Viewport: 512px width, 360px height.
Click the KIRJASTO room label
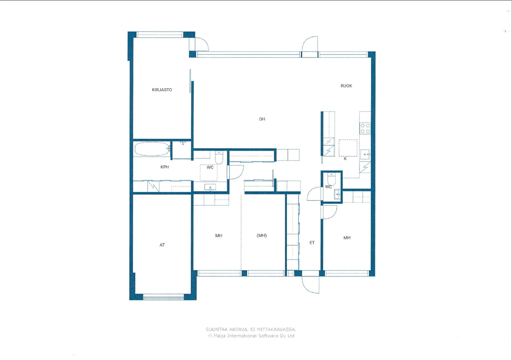tap(162, 90)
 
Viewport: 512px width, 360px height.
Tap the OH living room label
tap(262, 119)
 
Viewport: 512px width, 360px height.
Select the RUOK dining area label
tap(346, 86)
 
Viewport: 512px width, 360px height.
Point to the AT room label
tap(162, 245)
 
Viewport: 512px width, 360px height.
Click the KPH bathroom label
tap(164, 167)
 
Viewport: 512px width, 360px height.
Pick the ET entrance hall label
tap(312, 243)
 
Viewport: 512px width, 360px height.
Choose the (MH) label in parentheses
tap(262, 236)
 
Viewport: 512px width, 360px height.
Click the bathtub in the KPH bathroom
tap(152, 149)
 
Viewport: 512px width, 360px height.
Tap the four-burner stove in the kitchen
tap(365, 129)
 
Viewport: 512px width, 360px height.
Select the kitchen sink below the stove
tap(365, 154)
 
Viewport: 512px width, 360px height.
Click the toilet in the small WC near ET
tap(332, 179)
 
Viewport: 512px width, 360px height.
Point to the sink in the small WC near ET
tap(337, 194)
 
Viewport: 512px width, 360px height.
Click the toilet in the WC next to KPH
tap(219, 157)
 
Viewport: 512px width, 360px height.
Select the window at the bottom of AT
tap(164, 298)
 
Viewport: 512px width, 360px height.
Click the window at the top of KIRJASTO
tap(160, 35)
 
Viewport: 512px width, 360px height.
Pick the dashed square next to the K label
tap(348, 148)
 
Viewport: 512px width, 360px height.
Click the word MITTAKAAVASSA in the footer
tap(276, 329)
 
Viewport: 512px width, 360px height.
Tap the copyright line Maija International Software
tap(251, 336)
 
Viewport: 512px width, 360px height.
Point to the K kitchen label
tap(345, 159)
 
